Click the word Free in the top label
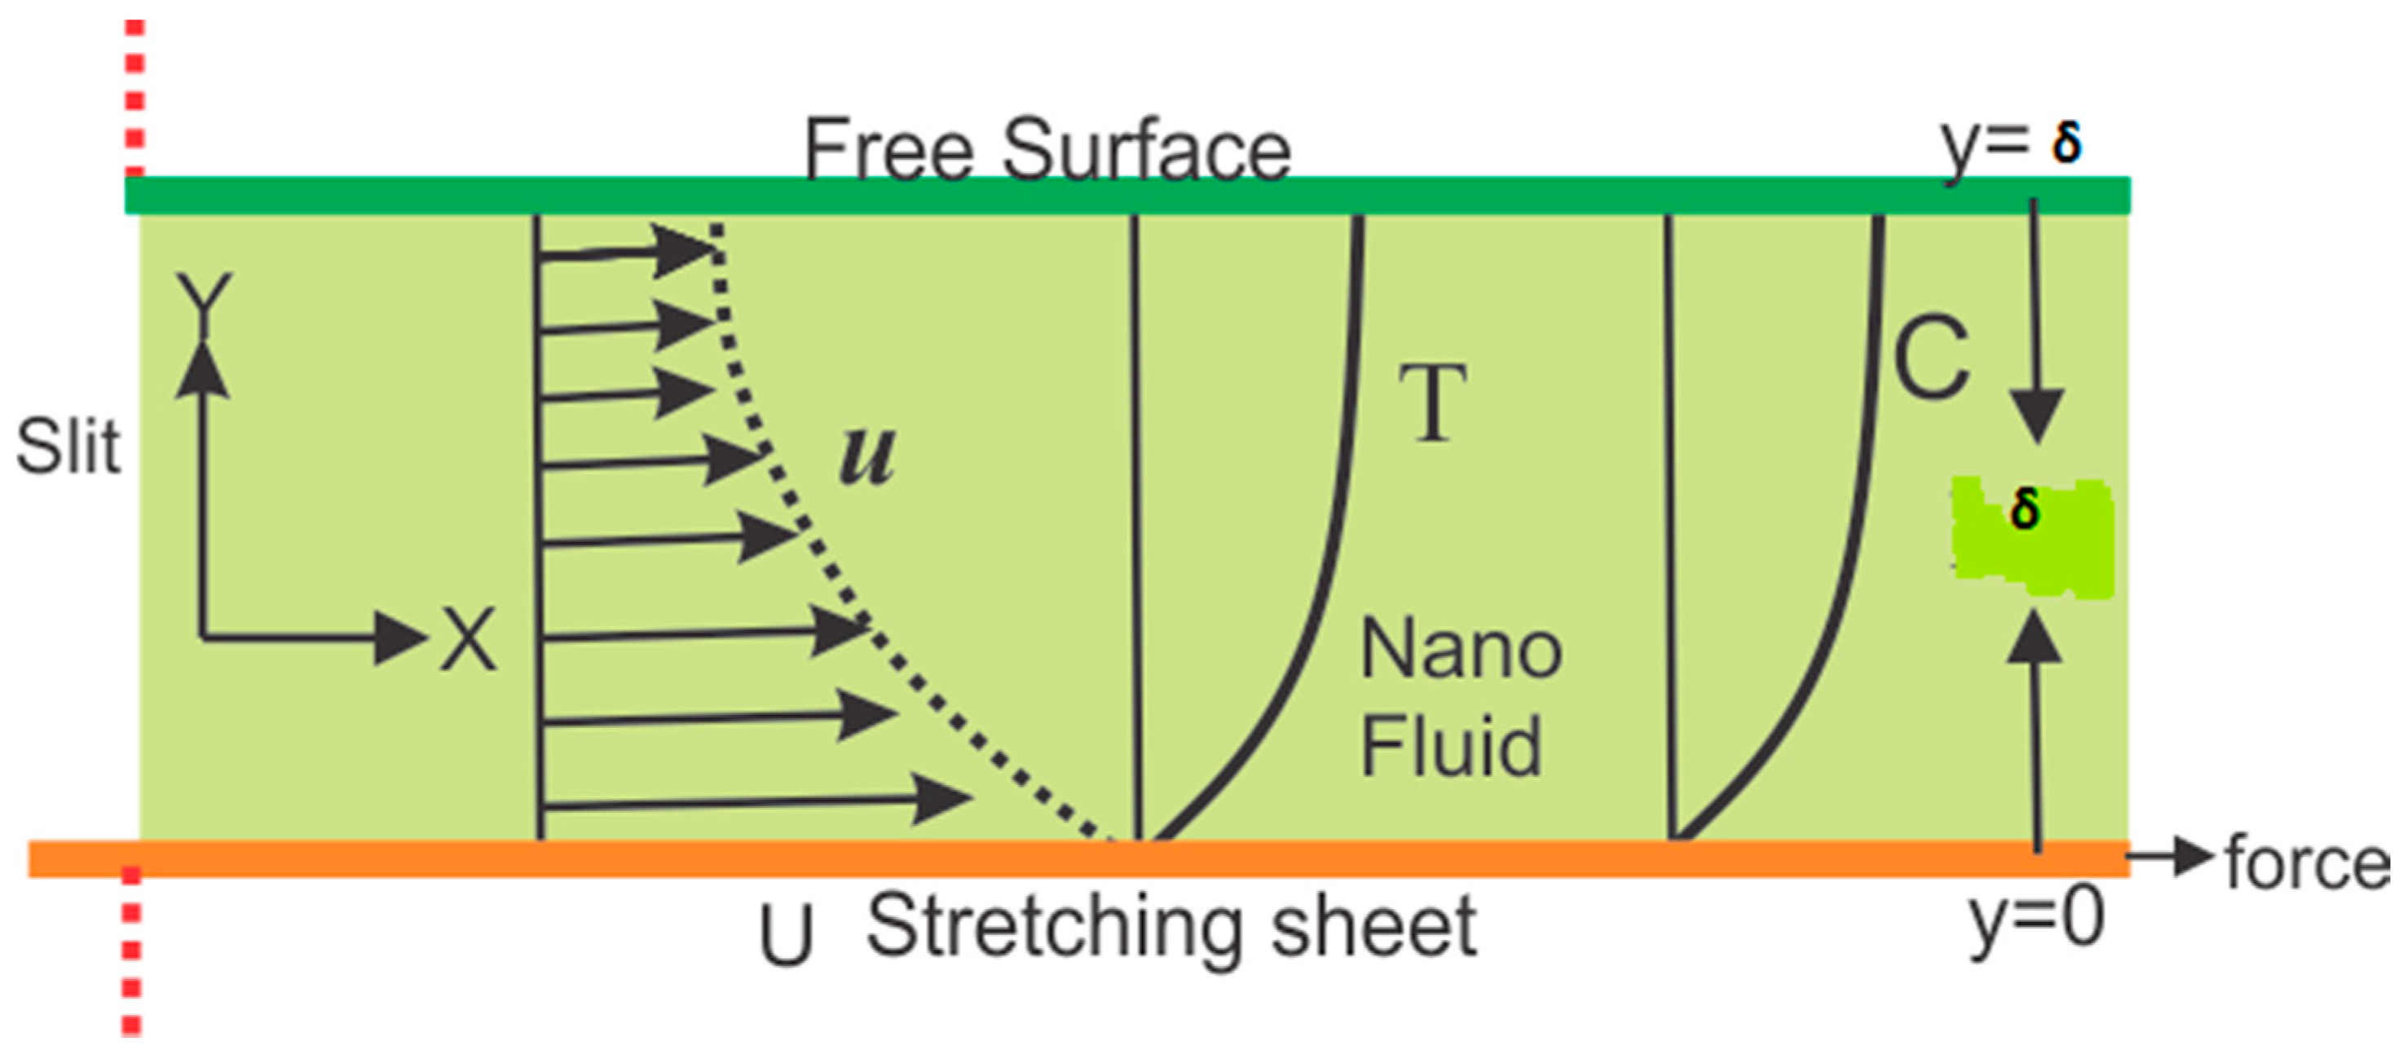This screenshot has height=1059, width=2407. pos(888,149)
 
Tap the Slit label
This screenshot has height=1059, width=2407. pos(68,447)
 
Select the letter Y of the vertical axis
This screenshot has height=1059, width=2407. pos(205,301)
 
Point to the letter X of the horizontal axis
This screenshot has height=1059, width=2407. pos(469,639)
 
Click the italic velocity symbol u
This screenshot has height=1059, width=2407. pos(867,455)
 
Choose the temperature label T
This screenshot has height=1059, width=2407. pos(1431,403)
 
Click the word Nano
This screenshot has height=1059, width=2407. pos(1461,650)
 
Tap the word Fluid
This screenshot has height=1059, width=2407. pos(1450,745)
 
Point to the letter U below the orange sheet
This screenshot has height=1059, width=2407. pos(785,935)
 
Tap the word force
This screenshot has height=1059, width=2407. pos(2307,863)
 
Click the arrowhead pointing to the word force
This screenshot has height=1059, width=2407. pos(2194,856)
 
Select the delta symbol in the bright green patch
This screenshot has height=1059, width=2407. pos(2025,510)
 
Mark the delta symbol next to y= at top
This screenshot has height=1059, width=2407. pos(2066,143)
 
